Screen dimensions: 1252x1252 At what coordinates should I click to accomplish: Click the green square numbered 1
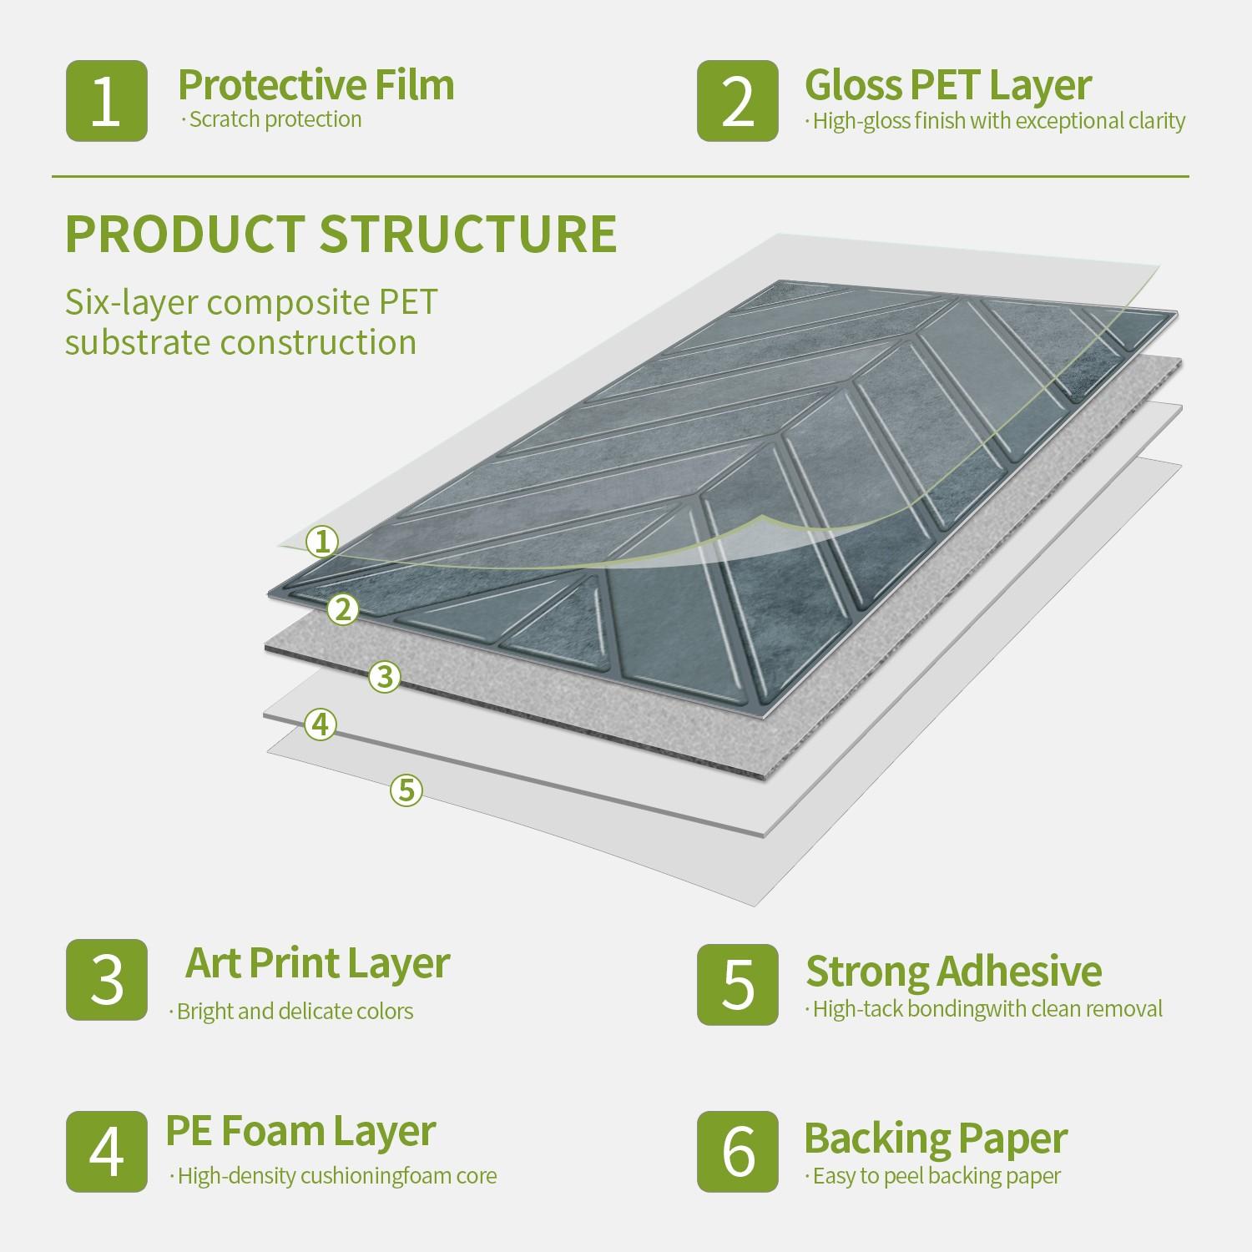[107, 101]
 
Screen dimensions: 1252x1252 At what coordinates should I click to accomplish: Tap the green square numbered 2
[738, 101]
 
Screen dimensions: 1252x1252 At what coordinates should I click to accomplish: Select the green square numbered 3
[107, 979]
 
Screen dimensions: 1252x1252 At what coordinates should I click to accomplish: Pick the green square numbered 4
[107, 1151]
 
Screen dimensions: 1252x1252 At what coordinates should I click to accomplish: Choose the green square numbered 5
[738, 984]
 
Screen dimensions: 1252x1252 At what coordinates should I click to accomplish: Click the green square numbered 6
[738, 1151]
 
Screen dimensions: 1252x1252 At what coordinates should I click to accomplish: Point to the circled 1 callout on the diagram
[322, 543]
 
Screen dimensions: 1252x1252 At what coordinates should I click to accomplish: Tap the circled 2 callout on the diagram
[343, 610]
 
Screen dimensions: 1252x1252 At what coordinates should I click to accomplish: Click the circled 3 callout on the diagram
[385, 676]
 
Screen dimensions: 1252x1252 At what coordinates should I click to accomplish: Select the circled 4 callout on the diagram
[321, 724]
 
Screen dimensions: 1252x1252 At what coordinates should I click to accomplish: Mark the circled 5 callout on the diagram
[406, 790]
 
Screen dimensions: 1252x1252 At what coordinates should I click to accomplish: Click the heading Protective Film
[316, 85]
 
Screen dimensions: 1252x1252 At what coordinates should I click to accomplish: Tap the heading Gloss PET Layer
[947, 85]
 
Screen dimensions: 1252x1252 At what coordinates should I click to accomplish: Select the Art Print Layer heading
[317, 963]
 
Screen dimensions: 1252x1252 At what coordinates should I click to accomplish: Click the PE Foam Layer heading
[300, 1131]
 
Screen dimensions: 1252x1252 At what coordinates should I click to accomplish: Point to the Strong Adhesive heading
[953, 972]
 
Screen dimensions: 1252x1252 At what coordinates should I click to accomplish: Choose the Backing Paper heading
[936, 1138]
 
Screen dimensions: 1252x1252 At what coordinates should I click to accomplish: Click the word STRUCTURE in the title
[468, 235]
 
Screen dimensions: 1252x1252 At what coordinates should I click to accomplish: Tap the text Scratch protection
[275, 119]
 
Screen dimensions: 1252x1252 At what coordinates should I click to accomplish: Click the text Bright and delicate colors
[295, 1012]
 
